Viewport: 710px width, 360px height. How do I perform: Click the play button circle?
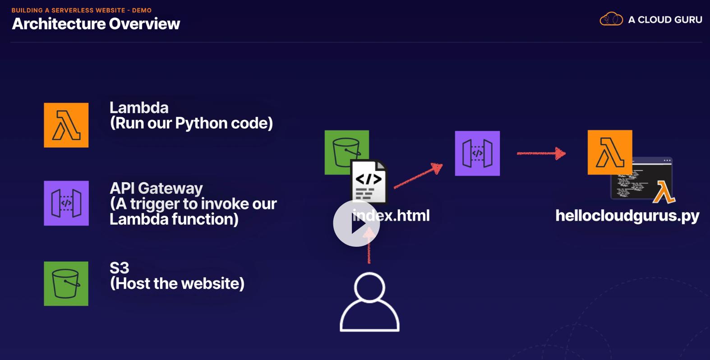pyautogui.click(x=356, y=223)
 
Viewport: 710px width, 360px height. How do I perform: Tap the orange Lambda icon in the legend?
pyautogui.click(x=66, y=125)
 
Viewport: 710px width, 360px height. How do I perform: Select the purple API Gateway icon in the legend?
pyautogui.click(x=66, y=203)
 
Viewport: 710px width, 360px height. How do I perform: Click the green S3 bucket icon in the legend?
pyautogui.click(x=66, y=284)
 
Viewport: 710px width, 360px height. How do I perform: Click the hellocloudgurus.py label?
pyautogui.click(x=627, y=216)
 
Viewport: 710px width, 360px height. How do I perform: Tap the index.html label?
pyautogui.click(x=391, y=216)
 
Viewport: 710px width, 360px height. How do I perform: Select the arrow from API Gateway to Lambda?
pyautogui.click(x=541, y=153)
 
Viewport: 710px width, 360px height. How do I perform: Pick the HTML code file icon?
pyautogui.click(x=369, y=181)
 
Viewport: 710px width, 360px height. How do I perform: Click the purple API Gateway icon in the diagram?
pyautogui.click(x=477, y=153)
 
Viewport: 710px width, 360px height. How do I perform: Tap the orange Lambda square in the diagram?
pyautogui.click(x=610, y=152)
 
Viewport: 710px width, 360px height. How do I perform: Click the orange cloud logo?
pyautogui.click(x=611, y=19)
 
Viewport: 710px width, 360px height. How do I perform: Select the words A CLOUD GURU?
pyautogui.click(x=665, y=20)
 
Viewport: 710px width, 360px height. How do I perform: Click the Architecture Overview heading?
pyautogui.click(x=96, y=24)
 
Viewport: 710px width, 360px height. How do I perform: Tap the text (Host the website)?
pyautogui.click(x=177, y=283)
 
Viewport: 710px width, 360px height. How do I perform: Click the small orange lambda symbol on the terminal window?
pyautogui.click(x=664, y=192)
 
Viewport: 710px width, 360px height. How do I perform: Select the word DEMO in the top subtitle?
pyautogui.click(x=142, y=10)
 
